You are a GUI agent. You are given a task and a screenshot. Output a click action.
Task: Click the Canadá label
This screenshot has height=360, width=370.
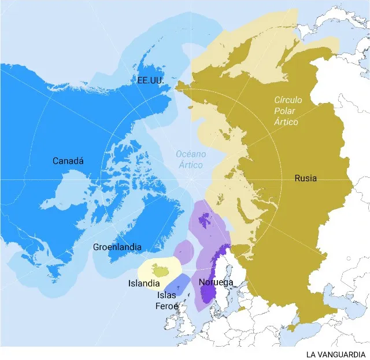(x=68, y=161)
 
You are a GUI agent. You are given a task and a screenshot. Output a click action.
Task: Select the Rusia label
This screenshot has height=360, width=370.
(x=305, y=178)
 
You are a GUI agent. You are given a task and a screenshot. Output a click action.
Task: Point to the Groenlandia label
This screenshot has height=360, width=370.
(x=117, y=247)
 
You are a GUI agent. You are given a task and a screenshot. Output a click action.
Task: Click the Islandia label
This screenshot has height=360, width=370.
(x=144, y=284)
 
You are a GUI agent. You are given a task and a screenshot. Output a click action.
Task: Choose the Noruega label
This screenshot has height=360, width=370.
(x=216, y=282)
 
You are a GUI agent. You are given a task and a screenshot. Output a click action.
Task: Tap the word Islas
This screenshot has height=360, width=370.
(x=167, y=295)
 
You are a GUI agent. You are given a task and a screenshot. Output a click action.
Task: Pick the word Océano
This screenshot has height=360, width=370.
(x=190, y=155)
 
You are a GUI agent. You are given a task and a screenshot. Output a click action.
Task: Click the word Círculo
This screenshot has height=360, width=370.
(x=288, y=100)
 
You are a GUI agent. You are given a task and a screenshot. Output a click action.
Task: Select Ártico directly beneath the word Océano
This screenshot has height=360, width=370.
(x=190, y=165)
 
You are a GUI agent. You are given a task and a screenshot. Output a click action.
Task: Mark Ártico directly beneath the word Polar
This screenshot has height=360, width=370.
(x=287, y=122)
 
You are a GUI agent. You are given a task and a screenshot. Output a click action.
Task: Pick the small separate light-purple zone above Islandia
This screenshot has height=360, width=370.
(x=184, y=251)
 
